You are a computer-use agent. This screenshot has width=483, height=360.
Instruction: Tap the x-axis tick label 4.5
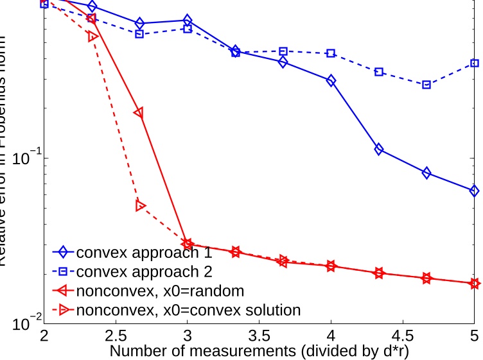click(403, 336)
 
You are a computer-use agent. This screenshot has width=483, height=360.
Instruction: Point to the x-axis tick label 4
click(331, 336)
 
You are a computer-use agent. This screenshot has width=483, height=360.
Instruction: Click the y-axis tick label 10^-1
click(21, 158)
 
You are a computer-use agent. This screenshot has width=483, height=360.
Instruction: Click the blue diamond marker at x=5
click(474, 191)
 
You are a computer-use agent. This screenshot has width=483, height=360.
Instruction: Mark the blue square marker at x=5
click(474, 63)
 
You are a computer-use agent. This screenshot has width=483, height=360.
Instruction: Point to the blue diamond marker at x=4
click(331, 81)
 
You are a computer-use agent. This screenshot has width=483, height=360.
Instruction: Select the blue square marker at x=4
click(331, 53)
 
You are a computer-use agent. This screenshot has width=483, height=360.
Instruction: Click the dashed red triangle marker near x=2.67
click(140, 205)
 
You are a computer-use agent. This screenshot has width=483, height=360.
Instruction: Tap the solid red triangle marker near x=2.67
click(138, 113)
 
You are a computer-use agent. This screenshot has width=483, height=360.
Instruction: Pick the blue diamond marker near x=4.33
click(379, 150)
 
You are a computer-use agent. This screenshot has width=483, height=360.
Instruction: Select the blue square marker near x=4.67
click(426, 85)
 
